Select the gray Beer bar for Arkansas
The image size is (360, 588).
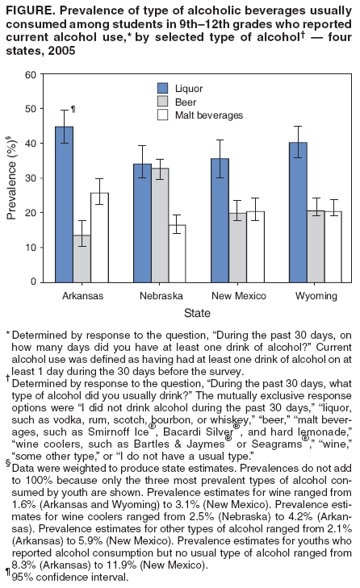point(82,258)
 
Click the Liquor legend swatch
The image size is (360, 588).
point(162,87)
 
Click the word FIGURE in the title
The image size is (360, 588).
point(30,10)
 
